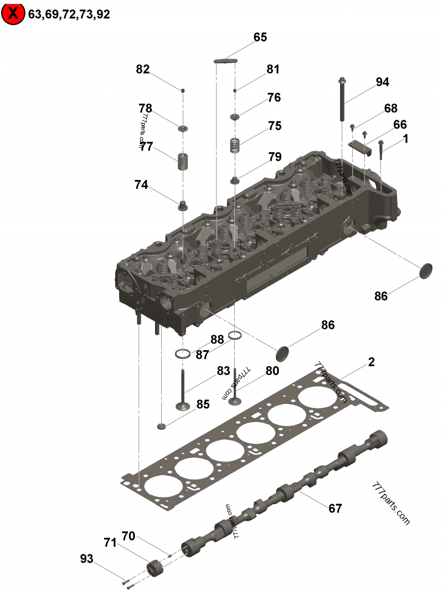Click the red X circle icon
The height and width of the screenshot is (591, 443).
(x=13, y=13)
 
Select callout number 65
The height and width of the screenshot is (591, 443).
(x=260, y=38)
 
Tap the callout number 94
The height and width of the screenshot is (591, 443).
(x=382, y=82)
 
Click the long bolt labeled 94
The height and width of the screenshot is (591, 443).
(x=343, y=100)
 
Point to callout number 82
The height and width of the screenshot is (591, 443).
(x=143, y=69)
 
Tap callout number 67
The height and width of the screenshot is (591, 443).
(x=335, y=508)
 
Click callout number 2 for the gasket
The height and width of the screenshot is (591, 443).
(x=371, y=362)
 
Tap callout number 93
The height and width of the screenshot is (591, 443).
(x=87, y=559)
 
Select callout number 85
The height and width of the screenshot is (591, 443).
(x=203, y=404)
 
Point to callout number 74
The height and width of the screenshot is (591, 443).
(x=141, y=185)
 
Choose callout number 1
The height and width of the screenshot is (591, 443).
(x=405, y=140)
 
